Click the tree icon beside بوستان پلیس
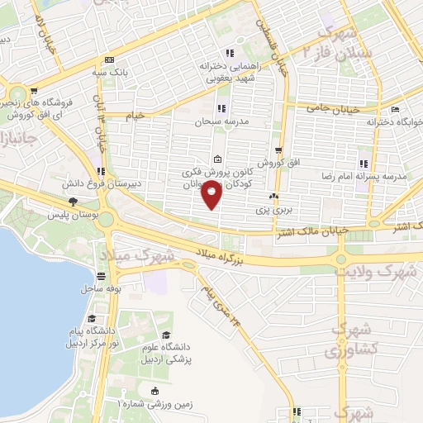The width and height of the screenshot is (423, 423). (74, 201)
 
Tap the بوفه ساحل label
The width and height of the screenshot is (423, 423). (102, 288)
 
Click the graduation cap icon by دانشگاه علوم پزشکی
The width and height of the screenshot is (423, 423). (167, 335)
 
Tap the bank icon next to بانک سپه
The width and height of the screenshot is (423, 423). (109, 59)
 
